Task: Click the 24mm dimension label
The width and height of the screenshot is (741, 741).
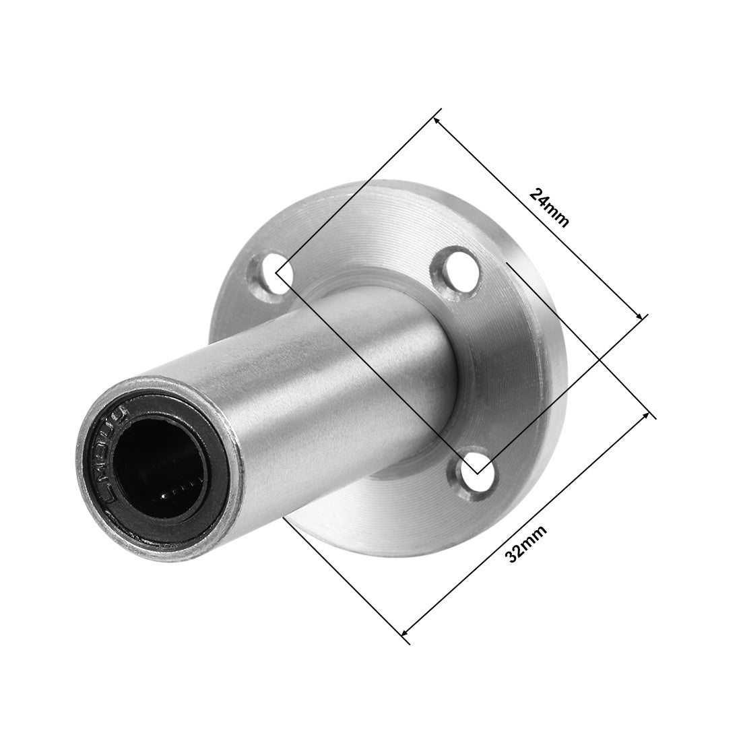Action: tap(549, 208)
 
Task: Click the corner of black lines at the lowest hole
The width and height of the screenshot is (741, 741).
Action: tap(477, 472)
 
